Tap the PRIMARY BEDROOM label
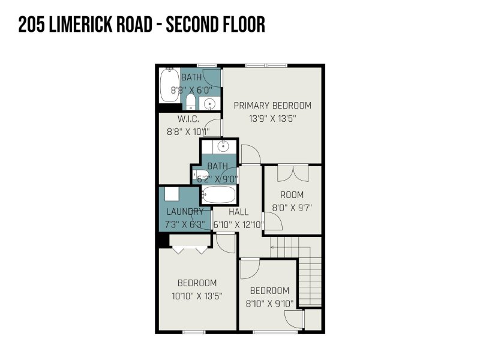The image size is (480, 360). pos(272,106)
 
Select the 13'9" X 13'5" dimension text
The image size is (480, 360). pos(272,118)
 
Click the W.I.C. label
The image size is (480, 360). pos(188,119)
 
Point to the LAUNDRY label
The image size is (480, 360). pos(185,212)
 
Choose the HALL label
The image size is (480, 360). pos(238,212)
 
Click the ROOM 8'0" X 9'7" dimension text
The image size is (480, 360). pos(292,208)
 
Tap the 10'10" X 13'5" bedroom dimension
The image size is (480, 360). pos(197,296)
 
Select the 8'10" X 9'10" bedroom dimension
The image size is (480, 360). pos(269,304)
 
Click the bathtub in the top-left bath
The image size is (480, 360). pos(169,85)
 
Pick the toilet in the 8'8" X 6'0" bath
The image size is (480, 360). pos(191,101)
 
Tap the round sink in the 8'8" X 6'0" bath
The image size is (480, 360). pos(209,103)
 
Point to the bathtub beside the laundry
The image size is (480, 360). pos(218,194)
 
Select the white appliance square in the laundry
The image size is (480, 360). pos(172,194)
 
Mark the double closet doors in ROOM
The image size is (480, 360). pos(293,173)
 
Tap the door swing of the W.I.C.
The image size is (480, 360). pos(212,128)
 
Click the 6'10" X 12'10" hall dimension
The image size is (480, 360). pos(238,224)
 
